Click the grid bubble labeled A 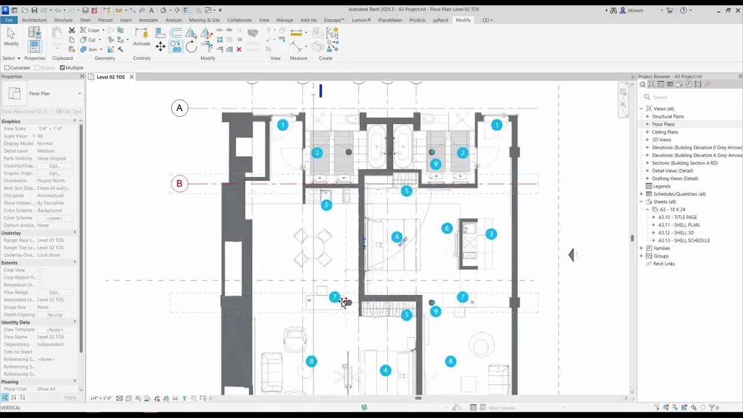coord(179,108)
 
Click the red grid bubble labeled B coord(179,184)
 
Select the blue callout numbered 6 coord(446,229)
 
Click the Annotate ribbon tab coord(148,20)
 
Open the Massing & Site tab coord(204,20)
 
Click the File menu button coord(10,20)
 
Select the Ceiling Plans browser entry coord(665,132)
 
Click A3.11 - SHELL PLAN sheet coord(679,225)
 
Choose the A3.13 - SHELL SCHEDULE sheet coord(684,240)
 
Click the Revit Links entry coord(663,264)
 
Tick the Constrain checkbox coord(7,68)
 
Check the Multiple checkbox coord(62,68)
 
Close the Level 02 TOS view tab coord(131,77)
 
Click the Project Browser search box coord(691,97)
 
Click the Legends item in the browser coord(662,186)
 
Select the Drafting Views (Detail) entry coord(675,178)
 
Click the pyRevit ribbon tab coord(441,20)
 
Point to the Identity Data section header coord(16,322)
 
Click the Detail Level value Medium coord(46,151)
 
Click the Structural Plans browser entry coord(668,117)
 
